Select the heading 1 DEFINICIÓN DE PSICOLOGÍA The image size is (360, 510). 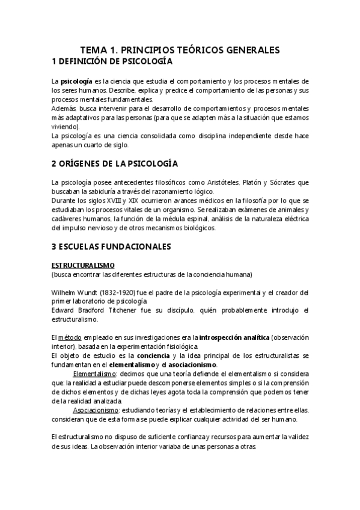coord(112,61)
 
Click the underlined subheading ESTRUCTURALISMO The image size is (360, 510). coord(83,265)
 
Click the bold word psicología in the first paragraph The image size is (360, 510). coord(76,81)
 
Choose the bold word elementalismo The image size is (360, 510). coord(127,365)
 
